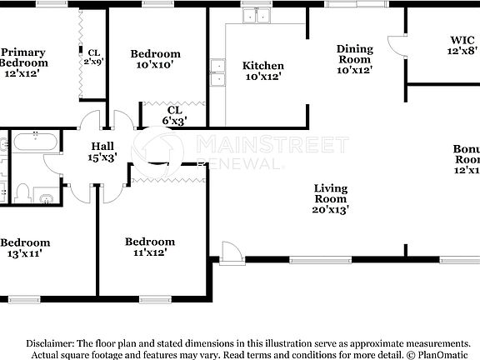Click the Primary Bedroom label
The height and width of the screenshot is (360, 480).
(22, 62)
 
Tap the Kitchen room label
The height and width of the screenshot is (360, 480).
(262, 71)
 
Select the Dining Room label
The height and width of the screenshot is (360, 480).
(354, 59)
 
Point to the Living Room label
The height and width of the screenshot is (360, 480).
(330, 198)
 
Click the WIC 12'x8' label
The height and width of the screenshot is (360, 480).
(462, 45)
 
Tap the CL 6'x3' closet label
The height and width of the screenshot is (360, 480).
(173, 115)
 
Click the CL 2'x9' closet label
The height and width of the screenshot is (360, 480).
(93, 57)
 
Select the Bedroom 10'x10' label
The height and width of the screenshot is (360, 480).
(156, 60)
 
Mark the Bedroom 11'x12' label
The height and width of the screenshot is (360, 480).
(150, 247)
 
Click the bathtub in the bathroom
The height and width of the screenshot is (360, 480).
(37, 142)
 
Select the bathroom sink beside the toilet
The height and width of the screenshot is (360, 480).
(47, 198)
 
